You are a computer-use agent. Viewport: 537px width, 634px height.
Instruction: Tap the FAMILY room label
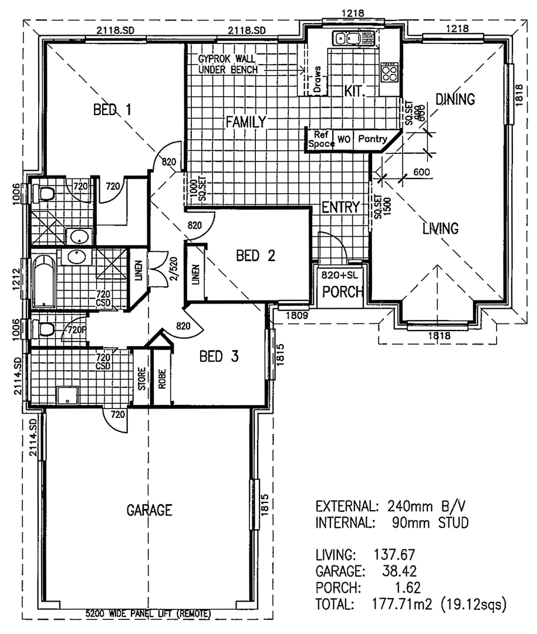coord(246,122)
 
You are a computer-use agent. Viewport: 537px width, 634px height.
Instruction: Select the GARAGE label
coord(150,510)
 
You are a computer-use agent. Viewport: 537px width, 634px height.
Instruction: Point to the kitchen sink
coord(347,39)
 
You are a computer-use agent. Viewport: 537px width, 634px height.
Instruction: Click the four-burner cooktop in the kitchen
coord(389,72)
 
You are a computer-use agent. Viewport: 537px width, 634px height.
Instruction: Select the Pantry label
coord(372,139)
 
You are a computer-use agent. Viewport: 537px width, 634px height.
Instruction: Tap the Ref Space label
coord(320,139)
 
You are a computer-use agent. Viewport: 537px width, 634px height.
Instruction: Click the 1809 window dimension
coord(295,315)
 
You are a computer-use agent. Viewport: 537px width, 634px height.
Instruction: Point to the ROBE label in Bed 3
coord(161,379)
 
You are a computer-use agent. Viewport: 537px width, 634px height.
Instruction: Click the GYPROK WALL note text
coord(231,59)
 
